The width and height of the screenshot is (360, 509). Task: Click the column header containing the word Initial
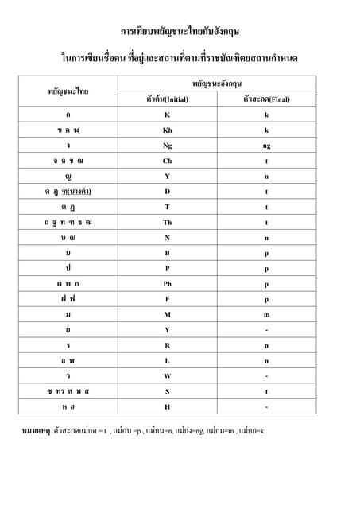click(x=167, y=100)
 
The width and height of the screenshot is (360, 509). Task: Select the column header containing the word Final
click(x=267, y=100)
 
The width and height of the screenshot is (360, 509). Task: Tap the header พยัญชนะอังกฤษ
click(x=217, y=83)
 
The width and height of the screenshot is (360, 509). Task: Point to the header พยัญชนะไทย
click(x=68, y=91)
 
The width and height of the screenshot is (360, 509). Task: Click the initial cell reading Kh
click(x=167, y=130)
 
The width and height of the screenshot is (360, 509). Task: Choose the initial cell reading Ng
click(x=167, y=146)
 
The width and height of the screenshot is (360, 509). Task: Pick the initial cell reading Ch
click(x=167, y=161)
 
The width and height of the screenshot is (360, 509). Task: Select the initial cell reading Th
click(x=167, y=223)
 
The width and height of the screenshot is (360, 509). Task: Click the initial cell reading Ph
click(x=167, y=284)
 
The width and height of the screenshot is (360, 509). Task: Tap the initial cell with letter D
click(x=167, y=192)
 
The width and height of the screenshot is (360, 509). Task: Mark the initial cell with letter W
click(x=167, y=376)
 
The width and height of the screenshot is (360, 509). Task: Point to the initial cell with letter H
click(x=167, y=407)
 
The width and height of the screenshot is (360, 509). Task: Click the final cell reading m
click(x=267, y=315)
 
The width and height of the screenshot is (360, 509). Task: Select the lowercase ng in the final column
click(x=267, y=146)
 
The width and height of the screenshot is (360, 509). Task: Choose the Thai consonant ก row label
click(x=68, y=115)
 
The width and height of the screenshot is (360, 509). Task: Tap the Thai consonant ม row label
click(x=68, y=315)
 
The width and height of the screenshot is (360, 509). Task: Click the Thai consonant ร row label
click(x=68, y=346)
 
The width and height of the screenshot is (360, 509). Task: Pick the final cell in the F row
click(x=267, y=300)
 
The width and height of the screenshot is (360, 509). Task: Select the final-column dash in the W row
click(x=267, y=376)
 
